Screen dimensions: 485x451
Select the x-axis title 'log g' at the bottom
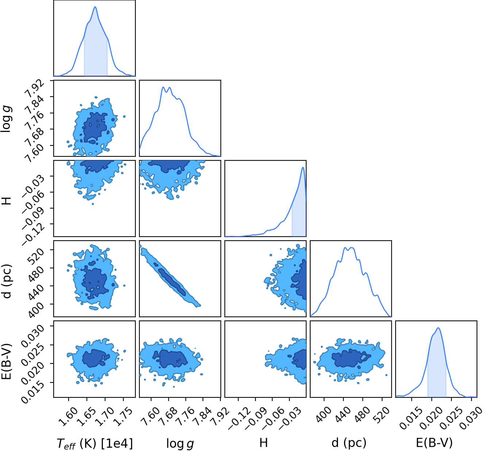pos(180,443)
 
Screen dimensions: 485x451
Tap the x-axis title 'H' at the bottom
pos(263,443)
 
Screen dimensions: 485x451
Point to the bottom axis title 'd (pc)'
pos(349,443)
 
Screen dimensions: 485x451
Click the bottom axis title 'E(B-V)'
pos(434,443)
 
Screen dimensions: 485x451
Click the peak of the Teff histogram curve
pos(95,7)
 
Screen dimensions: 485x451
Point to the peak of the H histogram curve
pos(303,167)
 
